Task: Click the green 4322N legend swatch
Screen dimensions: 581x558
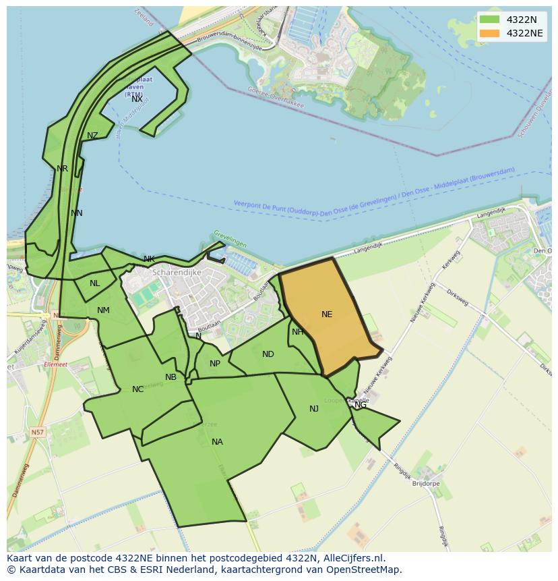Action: pos(489,20)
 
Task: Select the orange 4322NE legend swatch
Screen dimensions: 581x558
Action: pos(489,33)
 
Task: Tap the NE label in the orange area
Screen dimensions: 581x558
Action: pos(327,314)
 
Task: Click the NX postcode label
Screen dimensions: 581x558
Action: pos(137,99)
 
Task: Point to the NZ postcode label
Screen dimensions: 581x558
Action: pos(92,136)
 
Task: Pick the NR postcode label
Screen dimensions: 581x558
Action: pos(62,169)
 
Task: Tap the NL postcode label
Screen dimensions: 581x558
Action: pos(94,283)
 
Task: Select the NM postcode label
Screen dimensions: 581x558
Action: pos(103,310)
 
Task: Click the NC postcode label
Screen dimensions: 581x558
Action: pos(137,389)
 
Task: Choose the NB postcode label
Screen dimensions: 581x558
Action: pos(170,377)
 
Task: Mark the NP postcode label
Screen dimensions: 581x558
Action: pos(215,364)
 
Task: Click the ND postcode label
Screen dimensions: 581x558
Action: pos(268,354)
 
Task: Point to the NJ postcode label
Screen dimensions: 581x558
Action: pos(314,409)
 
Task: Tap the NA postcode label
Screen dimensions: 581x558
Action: pos(217,442)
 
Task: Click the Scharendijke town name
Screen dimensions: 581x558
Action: pos(177,273)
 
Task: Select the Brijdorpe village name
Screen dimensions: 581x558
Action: pos(425,484)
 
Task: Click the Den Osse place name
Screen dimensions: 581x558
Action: pos(542,251)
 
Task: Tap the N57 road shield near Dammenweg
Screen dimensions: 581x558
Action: pos(38,432)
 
